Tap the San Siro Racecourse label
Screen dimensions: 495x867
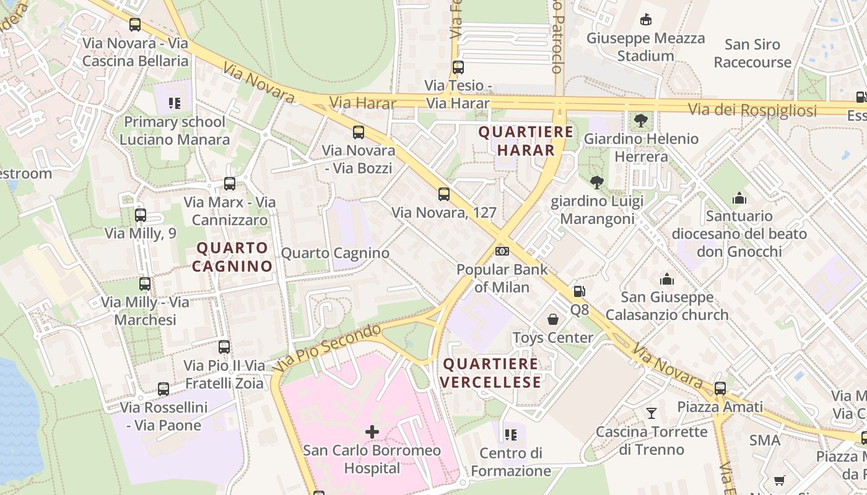coord(752,53)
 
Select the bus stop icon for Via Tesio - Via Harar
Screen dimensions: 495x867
coord(458,67)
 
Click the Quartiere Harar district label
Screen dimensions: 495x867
coord(526,141)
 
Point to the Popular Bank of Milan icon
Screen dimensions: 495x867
coord(502,251)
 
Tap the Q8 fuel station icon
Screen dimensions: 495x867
coord(579,291)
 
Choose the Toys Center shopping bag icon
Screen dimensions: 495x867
coord(553,319)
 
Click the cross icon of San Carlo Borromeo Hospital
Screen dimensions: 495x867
coord(372,431)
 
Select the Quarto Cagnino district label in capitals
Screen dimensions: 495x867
coord(232,257)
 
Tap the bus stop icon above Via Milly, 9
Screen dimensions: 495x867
coord(141,215)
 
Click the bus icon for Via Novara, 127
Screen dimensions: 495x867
coord(444,194)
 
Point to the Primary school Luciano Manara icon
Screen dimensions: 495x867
coord(174,103)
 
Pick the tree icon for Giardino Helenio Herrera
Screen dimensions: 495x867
coord(640,120)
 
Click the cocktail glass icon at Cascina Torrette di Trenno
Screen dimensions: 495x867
coord(651,413)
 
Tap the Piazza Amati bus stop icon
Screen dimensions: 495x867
coord(720,389)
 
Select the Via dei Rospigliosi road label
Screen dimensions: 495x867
coord(752,111)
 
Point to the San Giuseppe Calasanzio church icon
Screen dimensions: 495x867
coord(667,279)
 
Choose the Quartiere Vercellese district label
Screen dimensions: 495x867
coord(492,373)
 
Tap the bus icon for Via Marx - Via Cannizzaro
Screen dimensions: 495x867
coord(230,184)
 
